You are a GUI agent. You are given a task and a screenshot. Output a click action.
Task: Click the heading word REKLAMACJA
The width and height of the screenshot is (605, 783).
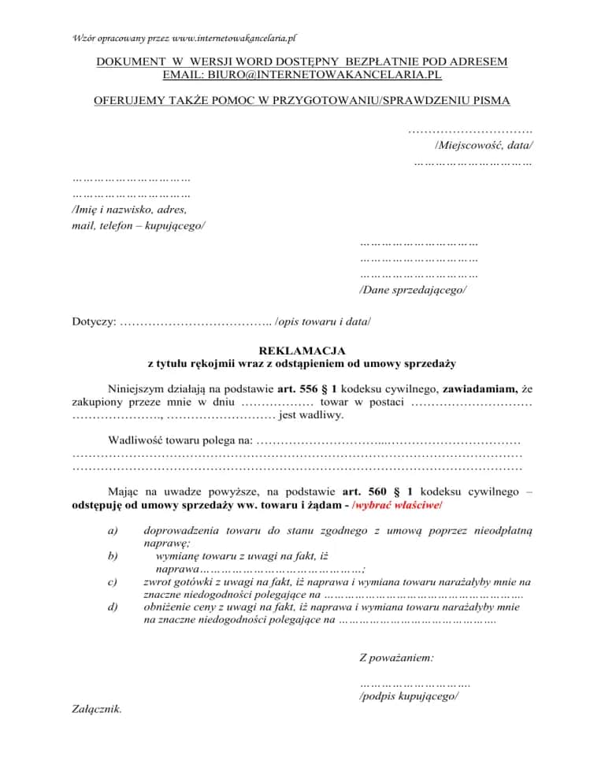(x=302, y=351)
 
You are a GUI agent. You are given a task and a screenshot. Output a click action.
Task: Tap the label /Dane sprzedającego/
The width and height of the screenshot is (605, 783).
(x=413, y=290)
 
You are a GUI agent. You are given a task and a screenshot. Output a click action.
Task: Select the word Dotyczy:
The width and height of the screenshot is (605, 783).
(x=95, y=321)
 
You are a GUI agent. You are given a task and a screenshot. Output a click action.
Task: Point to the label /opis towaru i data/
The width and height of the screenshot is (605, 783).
(x=323, y=321)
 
